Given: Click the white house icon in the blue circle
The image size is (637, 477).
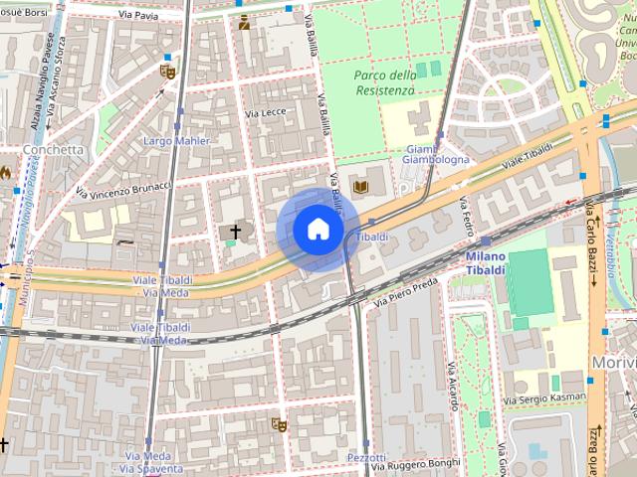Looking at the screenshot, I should [317, 230].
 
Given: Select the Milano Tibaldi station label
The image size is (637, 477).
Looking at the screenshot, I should [486, 263].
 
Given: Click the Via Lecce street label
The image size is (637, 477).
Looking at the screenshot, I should [266, 113].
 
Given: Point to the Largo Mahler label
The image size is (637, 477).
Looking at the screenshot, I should [177, 141].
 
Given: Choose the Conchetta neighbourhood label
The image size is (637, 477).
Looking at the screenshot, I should [53, 150].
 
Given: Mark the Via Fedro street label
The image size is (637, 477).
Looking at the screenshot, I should [465, 217].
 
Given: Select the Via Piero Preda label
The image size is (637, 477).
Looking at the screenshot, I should [406, 289].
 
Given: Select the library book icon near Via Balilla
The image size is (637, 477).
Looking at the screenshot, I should [359, 185].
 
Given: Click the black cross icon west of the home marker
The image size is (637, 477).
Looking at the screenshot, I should [235, 231].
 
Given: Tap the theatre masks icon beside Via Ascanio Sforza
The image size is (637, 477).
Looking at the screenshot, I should [167, 71].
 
